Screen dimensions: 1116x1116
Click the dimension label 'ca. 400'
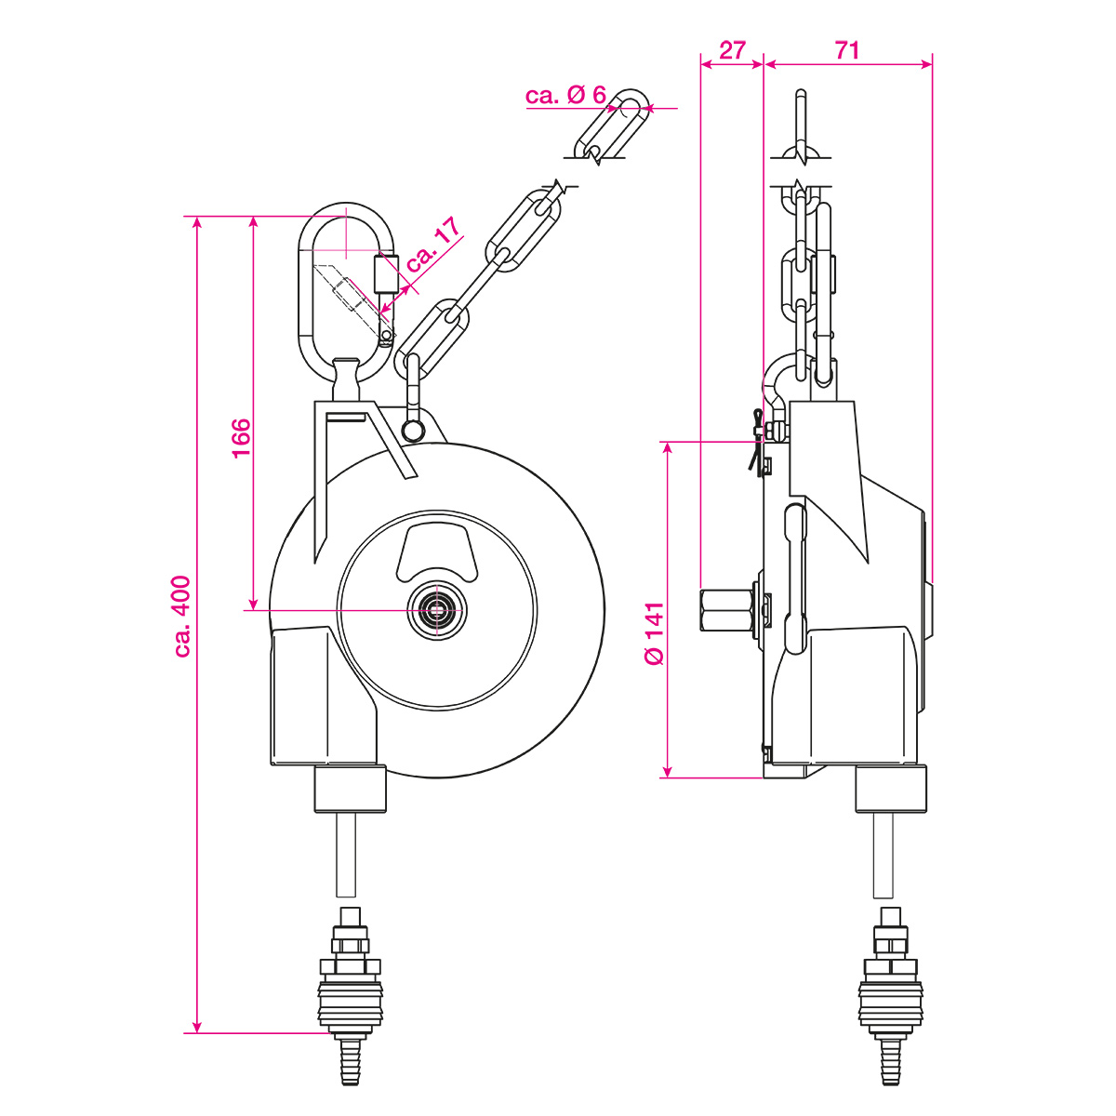pyautogui.click(x=183, y=617)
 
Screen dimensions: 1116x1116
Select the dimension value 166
pyautogui.click(x=241, y=438)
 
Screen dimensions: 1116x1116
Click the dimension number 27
pyautogui.click(x=732, y=49)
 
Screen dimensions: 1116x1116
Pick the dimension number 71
pyautogui.click(x=846, y=49)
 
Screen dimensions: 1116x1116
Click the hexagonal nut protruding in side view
pyautogui.click(x=726, y=610)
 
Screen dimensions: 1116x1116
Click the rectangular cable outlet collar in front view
pyautogui.click(x=350, y=789)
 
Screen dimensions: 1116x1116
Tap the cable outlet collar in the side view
pyautogui.click(x=891, y=789)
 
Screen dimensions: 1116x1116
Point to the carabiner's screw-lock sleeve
pyautogui.click(x=386, y=273)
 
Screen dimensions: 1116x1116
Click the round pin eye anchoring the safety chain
pyautogui.click(x=412, y=429)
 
